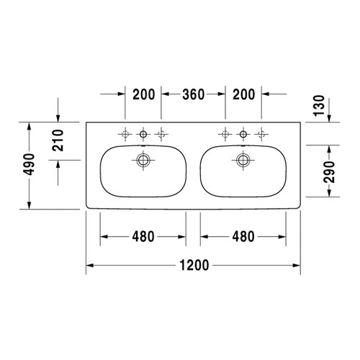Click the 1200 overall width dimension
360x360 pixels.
pyautogui.click(x=193, y=266)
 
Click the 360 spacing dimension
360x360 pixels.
pyautogui.click(x=193, y=94)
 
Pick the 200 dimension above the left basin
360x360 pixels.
pyautogui.click(x=143, y=94)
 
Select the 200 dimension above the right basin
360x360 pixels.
pyautogui.click(x=243, y=94)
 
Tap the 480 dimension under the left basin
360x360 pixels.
pyautogui.click(x=143, y=236)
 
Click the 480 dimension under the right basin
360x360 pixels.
pyautogui.click(x=243, y=236)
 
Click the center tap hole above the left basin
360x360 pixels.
pyautogui.click(x=143, y=133)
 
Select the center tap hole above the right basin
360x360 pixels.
pyautogui.click(x=243, y=133)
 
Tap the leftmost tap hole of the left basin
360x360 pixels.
pyautogui.click(x=125, y=133)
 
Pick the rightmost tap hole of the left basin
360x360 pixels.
pyautogui.click(x=161, y=133)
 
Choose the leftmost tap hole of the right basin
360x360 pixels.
pyautogui.click(x=225, y=133)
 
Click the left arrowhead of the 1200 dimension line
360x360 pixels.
pyautogui.click(x=90, y=266)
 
